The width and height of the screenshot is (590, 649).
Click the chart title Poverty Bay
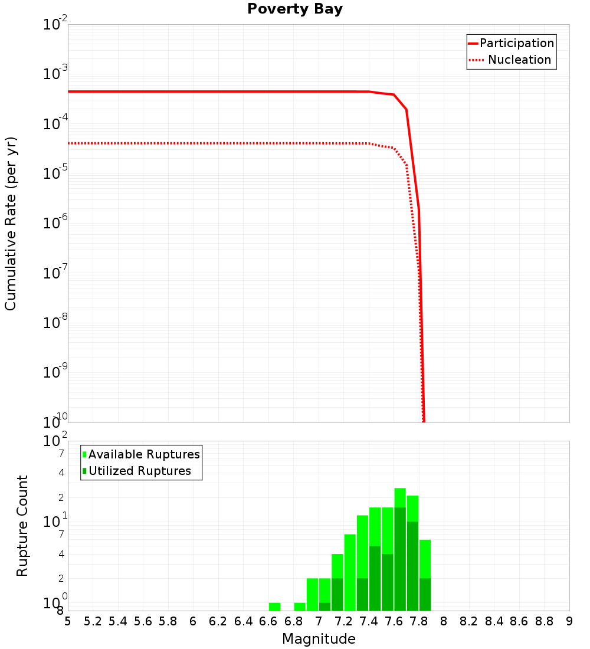click(294, 9)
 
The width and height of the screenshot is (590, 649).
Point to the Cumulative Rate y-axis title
click(11, 223)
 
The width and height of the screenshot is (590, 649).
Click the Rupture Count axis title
click(22, 525)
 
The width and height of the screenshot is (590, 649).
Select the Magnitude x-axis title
click(319, 638)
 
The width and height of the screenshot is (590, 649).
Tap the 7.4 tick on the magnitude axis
click(369, 621)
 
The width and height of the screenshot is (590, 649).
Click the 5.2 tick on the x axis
click(93, 621)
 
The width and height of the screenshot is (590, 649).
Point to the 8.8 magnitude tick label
click(544, 621)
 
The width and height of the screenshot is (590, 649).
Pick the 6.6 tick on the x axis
click(268, 621)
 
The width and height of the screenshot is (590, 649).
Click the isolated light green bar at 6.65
click(274, 607)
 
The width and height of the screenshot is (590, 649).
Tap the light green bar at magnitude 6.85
click(300, 607)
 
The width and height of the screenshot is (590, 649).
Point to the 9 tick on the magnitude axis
click(569, 621)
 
